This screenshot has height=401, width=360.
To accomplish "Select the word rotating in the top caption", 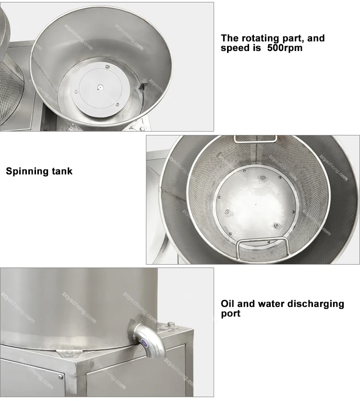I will [x=261, y=38].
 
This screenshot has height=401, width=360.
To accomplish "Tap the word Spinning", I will [x=27, y=171].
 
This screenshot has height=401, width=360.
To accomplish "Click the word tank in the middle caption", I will [x=61, y=171].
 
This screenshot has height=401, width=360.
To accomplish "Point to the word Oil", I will [x=228, y=304].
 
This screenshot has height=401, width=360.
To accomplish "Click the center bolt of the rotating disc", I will [x=99, y=87].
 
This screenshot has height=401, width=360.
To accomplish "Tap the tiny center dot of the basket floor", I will [x=255, y=204].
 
